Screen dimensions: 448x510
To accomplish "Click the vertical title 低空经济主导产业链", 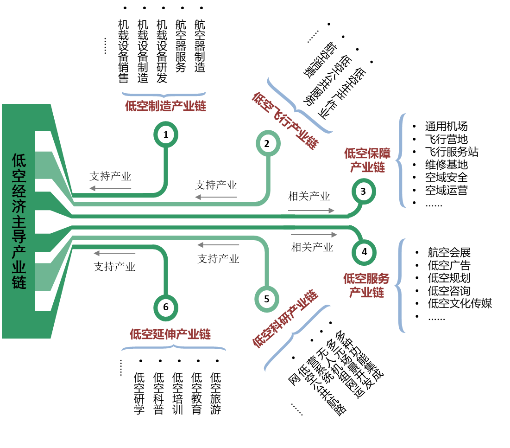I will coord(19,221).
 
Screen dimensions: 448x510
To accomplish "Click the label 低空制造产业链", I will coord(165,106).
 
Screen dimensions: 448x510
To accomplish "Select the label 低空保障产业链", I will coord(367,160).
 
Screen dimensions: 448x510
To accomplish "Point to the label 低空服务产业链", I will coord(366,285).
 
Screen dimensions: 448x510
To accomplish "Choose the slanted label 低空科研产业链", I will coord(285,319).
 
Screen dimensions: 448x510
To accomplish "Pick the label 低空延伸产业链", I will coord(170,334).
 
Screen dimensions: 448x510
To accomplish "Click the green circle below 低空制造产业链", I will coord(166,134).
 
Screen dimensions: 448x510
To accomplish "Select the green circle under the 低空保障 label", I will coord(364,191).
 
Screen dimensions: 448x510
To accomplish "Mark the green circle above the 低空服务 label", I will coord(364,253).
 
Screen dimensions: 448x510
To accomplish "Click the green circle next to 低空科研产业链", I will coord(267,299).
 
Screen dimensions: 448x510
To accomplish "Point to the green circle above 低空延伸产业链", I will coord(166,307).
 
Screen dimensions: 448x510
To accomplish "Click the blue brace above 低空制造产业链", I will coord(164,94).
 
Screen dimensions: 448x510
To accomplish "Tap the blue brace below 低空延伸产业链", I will coord(174,347).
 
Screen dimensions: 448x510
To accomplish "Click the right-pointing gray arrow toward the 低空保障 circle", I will coord(311,211).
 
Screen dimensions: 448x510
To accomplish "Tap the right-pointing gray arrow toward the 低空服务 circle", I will coord(314,235).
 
